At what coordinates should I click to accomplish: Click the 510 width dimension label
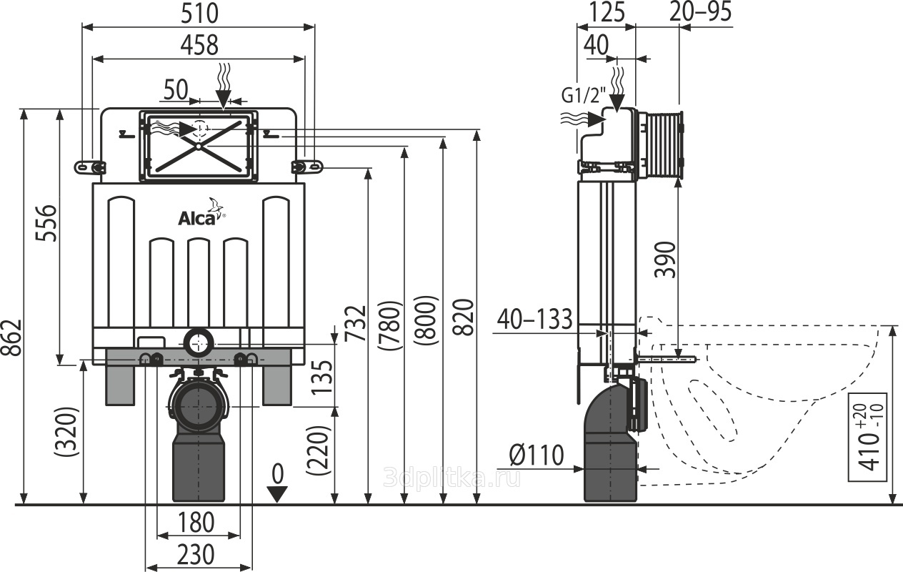click(199, 13)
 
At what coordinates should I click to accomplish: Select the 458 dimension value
click(199, 45)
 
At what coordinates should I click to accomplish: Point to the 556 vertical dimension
click(46, 223)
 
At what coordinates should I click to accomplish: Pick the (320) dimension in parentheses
click(66, 432)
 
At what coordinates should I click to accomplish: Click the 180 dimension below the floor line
click(196, 523)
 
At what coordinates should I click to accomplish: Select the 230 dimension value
click(196, 555)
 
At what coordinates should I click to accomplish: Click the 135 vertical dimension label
click(323, 378)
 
